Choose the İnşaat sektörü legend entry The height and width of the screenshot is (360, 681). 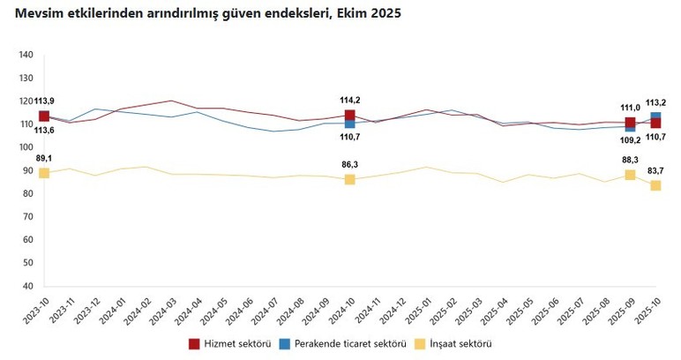coord(453,343)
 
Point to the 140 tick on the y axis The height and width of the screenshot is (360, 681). coord(26,56)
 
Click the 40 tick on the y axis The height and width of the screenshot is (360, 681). coord(28,286)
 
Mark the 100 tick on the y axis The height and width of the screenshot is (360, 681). coord(26,147)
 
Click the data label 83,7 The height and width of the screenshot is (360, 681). coord(656,170)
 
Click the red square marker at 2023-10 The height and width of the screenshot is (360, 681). coord(44,116)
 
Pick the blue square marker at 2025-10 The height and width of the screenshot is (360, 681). coord(656,116)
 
